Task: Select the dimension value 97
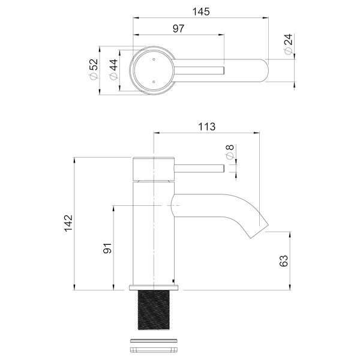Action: click(x=178, y=28)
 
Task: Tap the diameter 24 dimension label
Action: click(x=288, y=44)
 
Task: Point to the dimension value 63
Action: click(x=284, y=260)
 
